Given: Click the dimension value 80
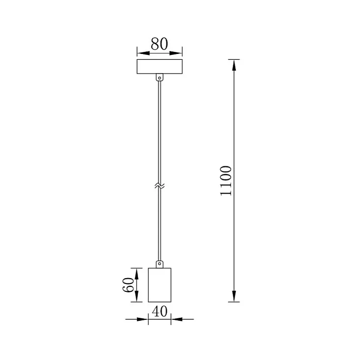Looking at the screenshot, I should pos(159,44).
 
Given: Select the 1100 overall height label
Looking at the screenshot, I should pos(226,180).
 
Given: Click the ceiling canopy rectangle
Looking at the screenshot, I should pos(159,67).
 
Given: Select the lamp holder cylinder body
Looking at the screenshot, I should pos(159,285).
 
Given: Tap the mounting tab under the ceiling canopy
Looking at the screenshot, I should pos(159,77).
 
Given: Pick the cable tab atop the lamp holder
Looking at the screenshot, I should pos(159,264).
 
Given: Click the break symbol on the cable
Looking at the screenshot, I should pos(159,186).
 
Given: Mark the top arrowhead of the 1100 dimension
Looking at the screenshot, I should pos(234,65).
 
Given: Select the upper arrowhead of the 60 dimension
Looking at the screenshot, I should pos(137,273).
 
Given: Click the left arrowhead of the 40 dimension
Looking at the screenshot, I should pos(143,319).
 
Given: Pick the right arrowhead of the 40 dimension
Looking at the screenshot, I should pos(176,319).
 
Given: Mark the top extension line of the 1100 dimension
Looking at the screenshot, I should pos(234,59).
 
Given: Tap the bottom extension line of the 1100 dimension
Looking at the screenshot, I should pos(234,302).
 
